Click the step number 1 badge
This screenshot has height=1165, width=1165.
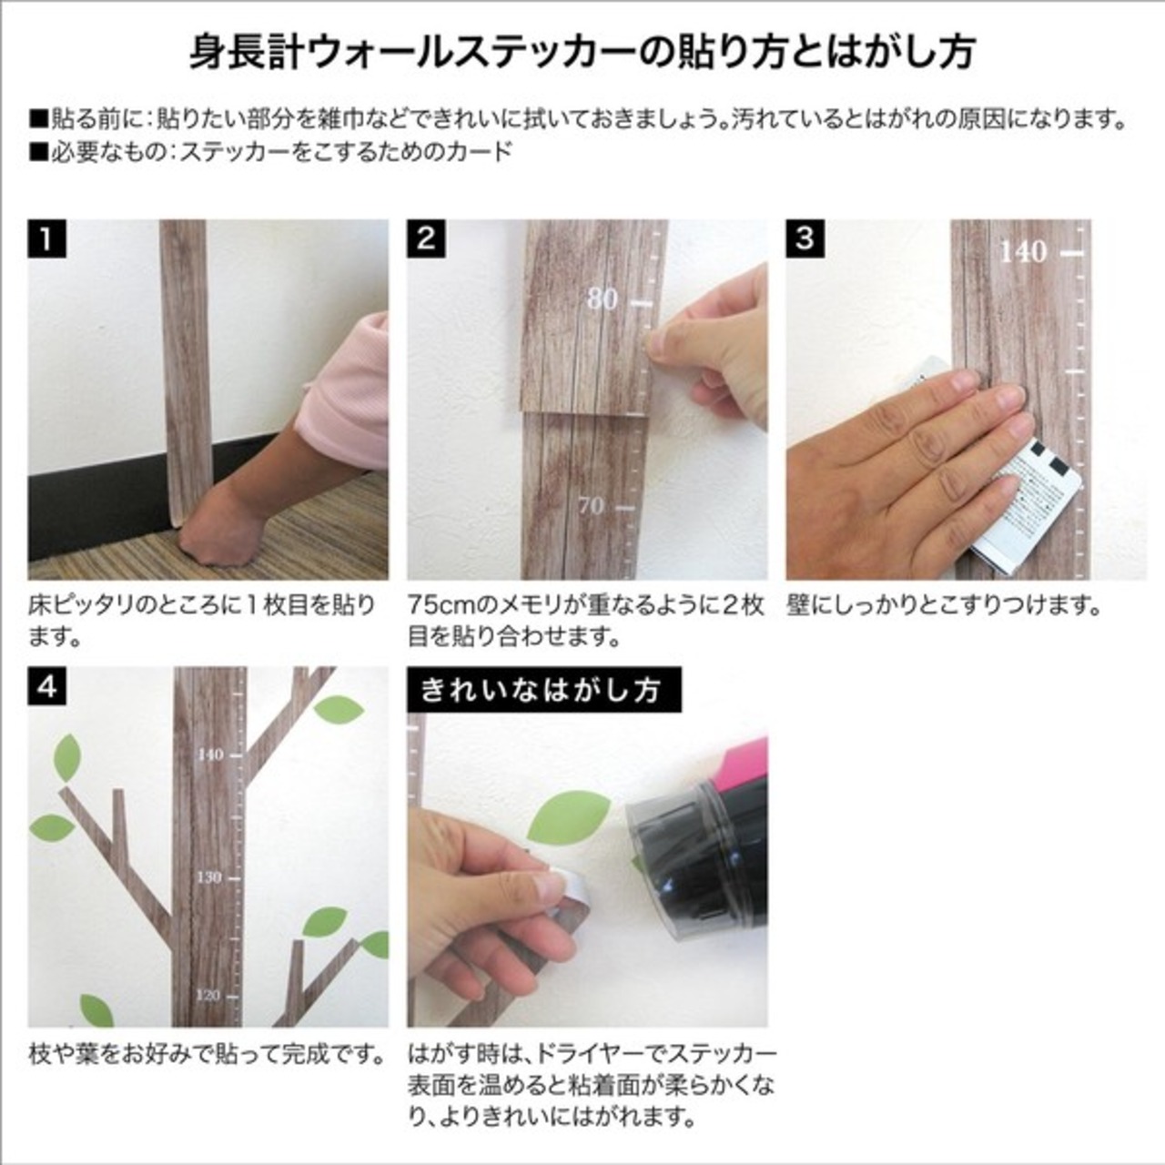tap(46, 238)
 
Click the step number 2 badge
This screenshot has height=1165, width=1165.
tap(426, 238)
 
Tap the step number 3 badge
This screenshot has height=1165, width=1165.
tap(805, 238)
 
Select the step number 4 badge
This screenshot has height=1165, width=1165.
tap(46, 685)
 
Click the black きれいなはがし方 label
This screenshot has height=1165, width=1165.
tap(544, 689)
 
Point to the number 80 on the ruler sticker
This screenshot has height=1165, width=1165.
tap(603, 299)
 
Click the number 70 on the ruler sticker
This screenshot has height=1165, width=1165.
tap(591, 505)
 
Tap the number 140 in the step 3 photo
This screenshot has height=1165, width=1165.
tap(1023, 252)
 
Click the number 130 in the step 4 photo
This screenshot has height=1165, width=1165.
tap(209, 877)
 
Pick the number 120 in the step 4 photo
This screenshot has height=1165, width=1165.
tap(208, 996)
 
